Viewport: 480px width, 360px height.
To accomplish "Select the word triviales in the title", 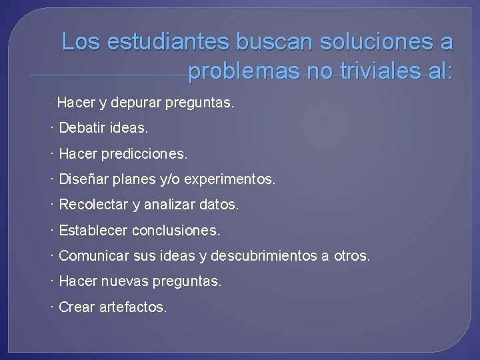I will (363, 70).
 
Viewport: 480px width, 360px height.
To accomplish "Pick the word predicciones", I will (143, 154).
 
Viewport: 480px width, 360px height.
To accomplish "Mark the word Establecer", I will (93, 231).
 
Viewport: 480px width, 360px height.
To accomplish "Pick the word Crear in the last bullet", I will (76, 307).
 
